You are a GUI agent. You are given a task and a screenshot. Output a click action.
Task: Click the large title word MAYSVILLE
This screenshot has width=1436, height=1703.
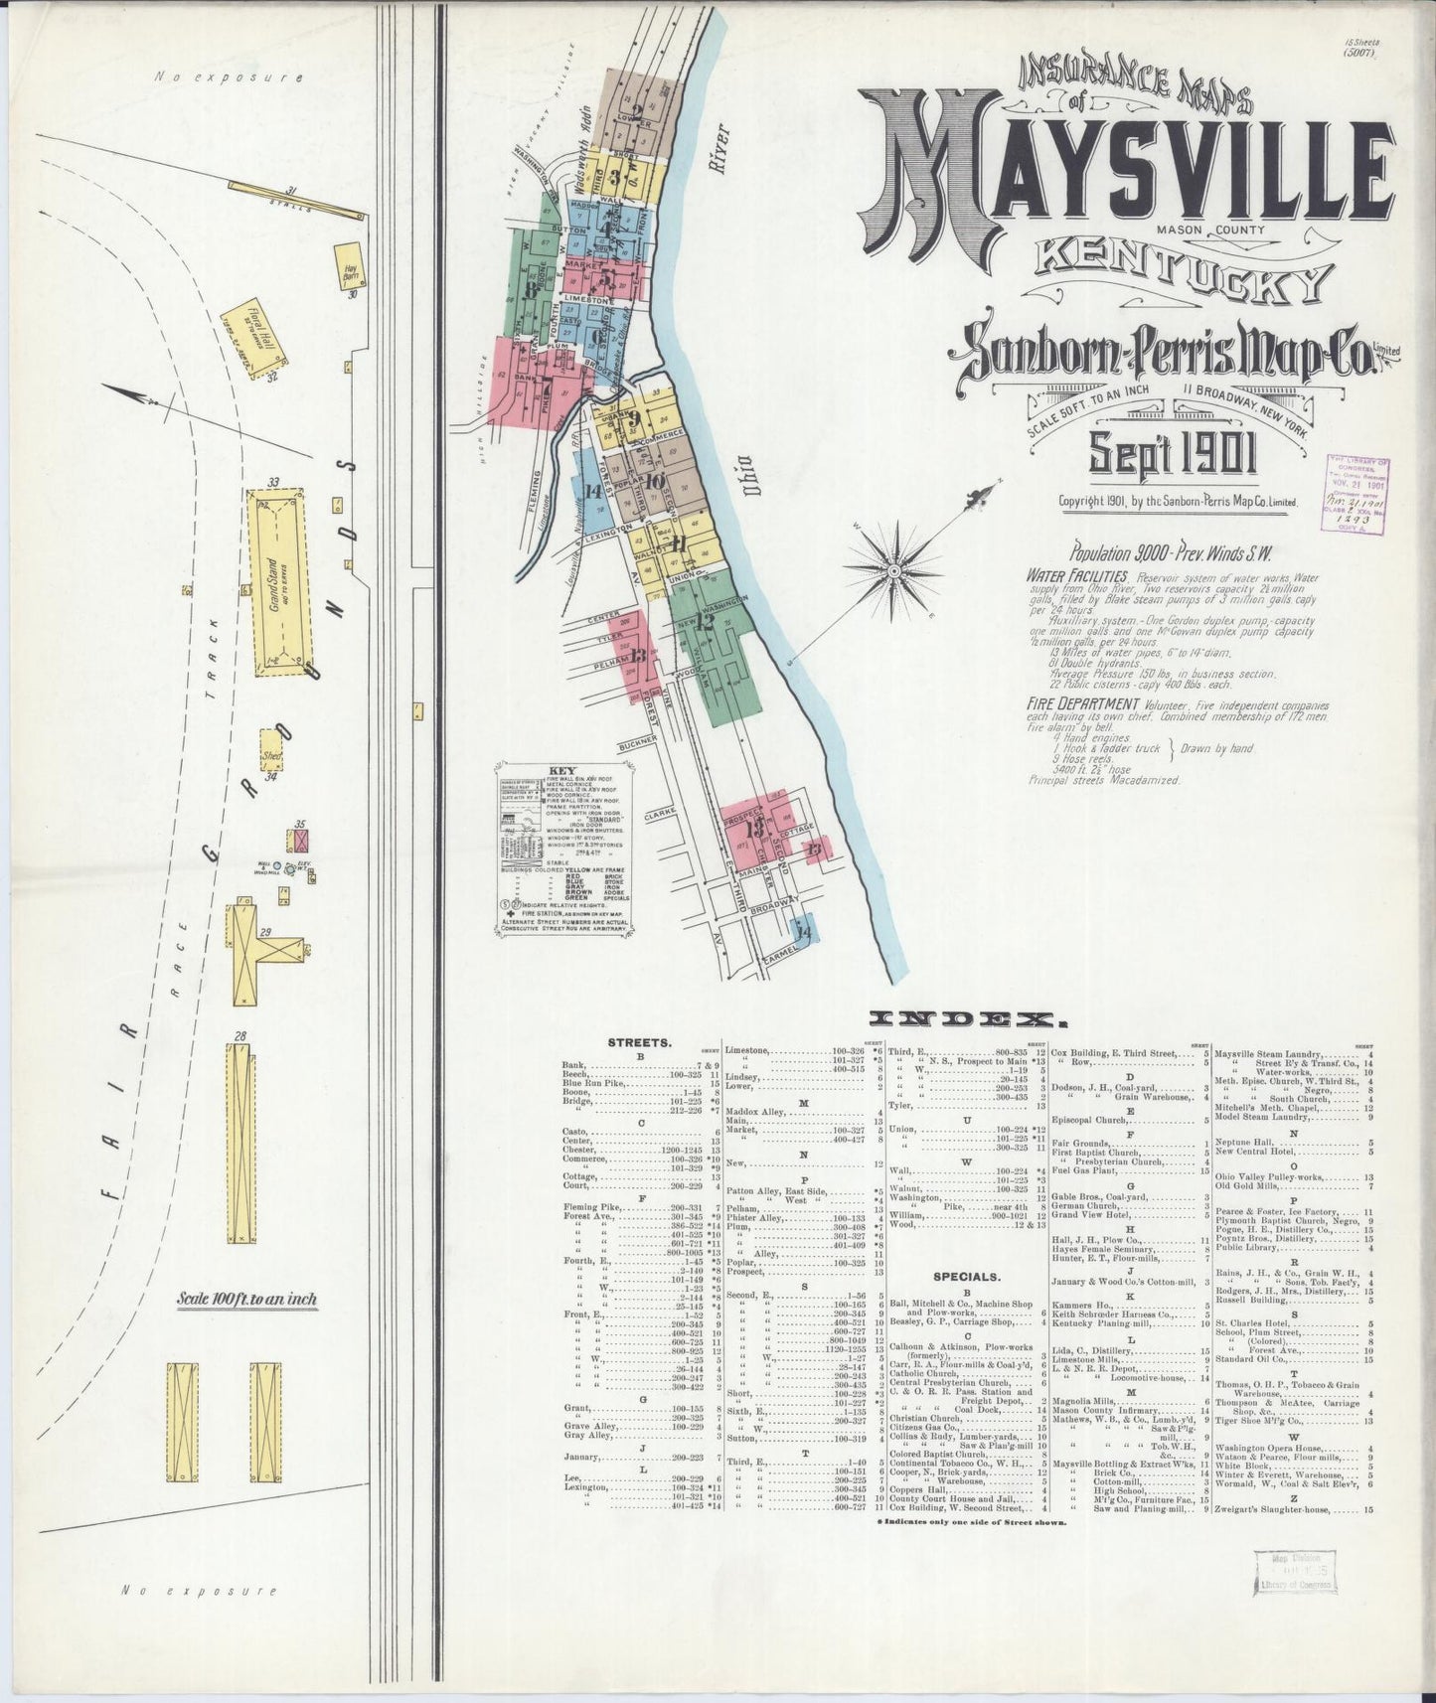[1123, 175]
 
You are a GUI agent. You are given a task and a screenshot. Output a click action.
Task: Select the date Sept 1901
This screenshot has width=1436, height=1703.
[1173, 455]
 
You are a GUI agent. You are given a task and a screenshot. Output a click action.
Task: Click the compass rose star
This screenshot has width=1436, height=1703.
[893, 570]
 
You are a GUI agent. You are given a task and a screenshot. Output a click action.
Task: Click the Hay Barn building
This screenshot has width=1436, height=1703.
[350, 268]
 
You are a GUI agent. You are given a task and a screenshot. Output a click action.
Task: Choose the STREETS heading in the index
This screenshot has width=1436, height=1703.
[640, 1043]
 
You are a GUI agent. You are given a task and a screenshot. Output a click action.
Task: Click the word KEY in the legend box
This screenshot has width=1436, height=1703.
[561, 770]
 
